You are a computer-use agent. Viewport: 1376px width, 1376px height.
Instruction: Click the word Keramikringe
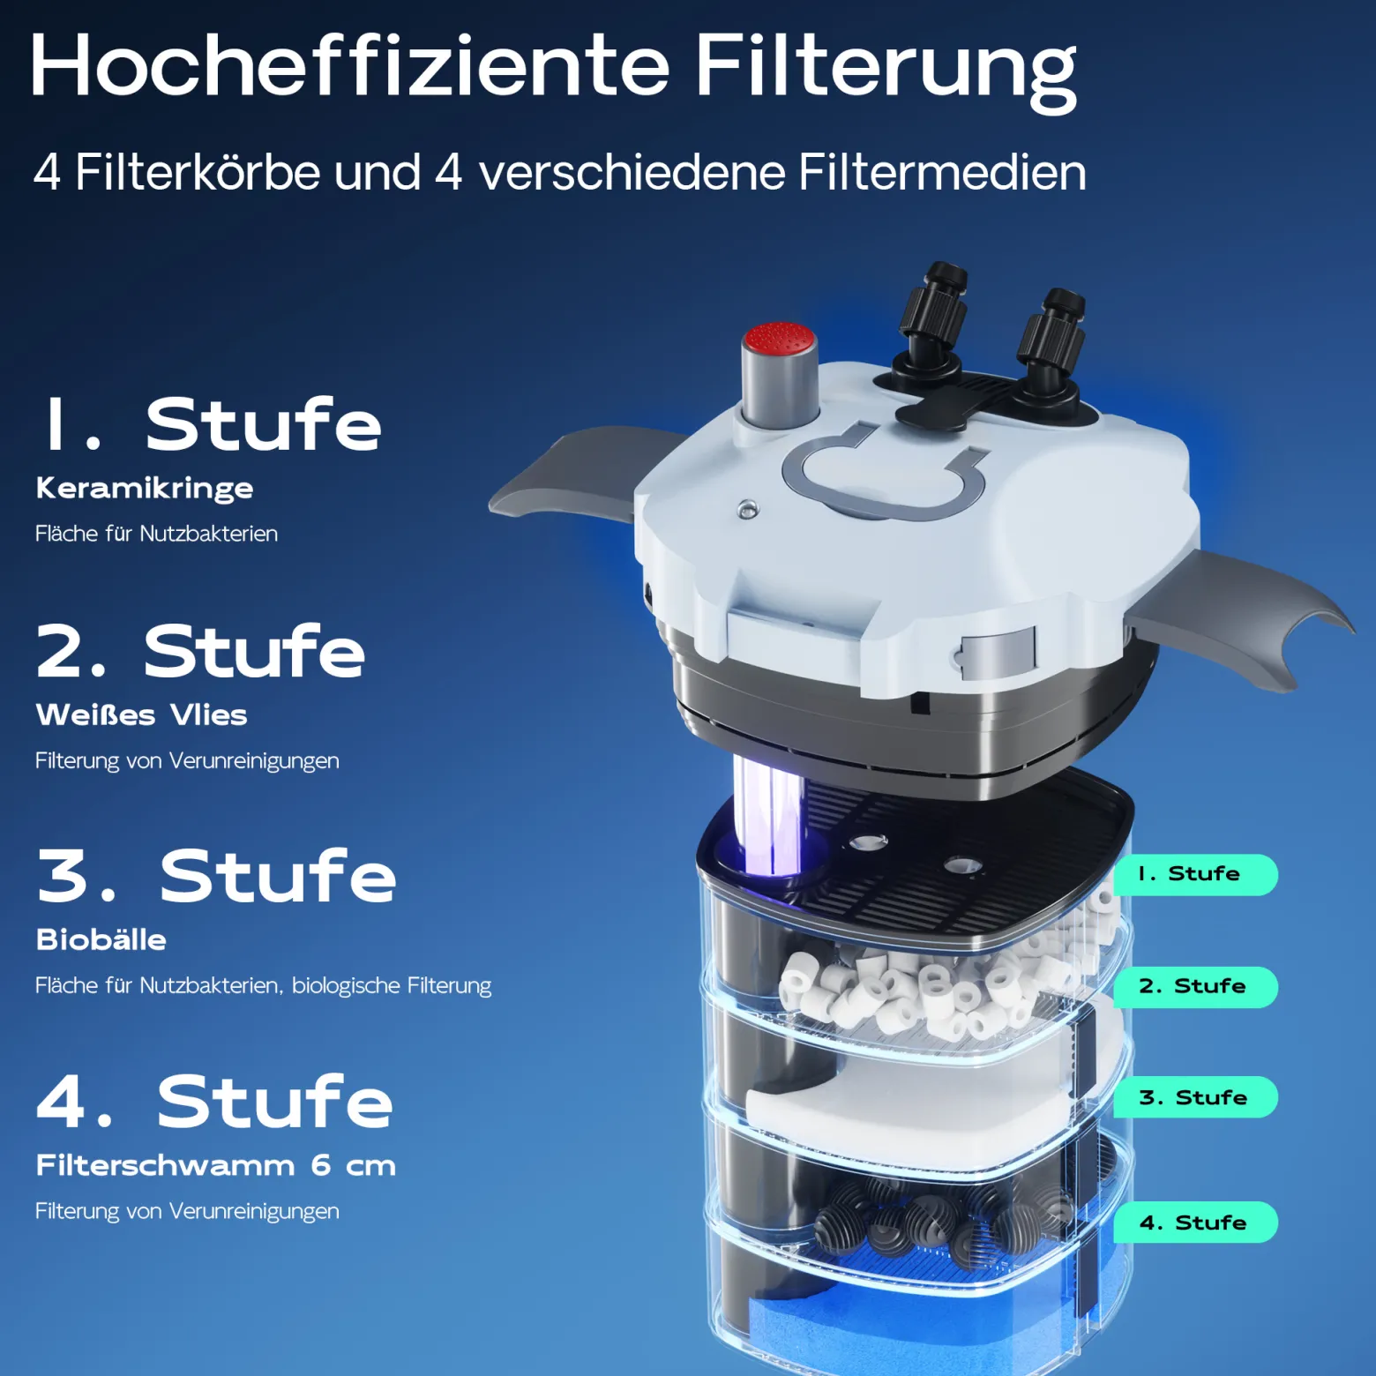click(x=145, y=489)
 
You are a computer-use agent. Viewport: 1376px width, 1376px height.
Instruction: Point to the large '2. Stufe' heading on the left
click(x=200, y=651)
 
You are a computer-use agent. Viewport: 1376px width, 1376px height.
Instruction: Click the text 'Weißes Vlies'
click(x=141, y=714)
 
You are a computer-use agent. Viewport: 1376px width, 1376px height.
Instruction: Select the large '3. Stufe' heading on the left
click(x=217, y=876)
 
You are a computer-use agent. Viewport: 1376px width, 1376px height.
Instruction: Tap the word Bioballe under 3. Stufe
click(x=101, y=939)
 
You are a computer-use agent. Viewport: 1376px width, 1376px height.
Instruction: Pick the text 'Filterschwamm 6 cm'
click(x=216, y=1165)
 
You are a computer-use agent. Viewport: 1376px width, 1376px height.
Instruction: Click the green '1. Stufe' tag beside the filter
click(x=1195, y=874)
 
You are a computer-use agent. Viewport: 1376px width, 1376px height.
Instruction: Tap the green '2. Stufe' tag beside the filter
click(x=1195, y=986)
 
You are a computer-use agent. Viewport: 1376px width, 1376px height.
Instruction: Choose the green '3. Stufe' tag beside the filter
click(x=1195, y=1097)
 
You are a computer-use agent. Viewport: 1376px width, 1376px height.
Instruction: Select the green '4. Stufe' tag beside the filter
click(x=1195, y=1223)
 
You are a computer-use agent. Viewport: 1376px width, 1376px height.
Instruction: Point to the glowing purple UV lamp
click(x=767, y=816)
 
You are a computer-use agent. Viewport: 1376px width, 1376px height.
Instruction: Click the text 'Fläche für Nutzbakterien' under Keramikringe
click(x=156, y=534)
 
